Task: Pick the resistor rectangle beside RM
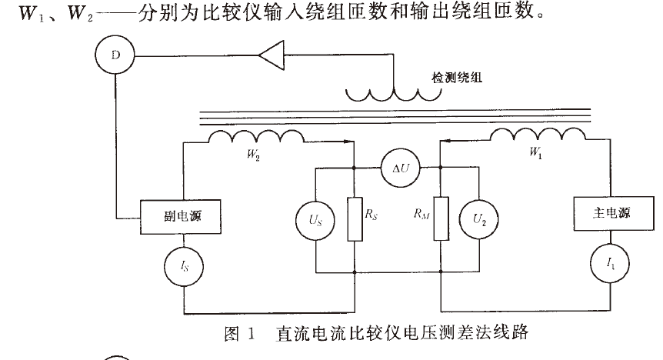[439, 218]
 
